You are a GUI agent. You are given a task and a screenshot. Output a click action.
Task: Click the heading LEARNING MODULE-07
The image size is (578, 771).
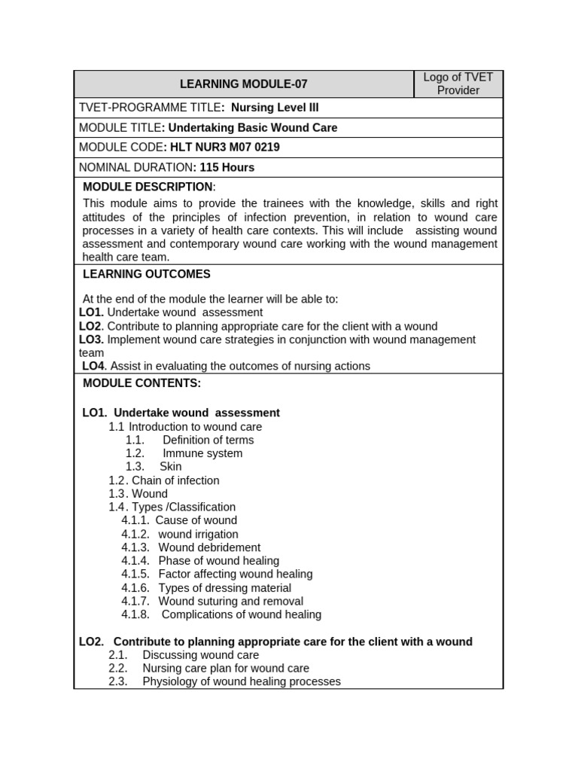click(243, 84)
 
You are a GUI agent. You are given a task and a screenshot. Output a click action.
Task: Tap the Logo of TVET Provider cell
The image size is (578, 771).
click(458, 84)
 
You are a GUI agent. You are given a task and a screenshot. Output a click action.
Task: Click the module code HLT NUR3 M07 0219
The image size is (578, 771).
click(225, 148)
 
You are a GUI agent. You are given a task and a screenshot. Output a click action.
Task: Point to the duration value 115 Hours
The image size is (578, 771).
click(227, 167)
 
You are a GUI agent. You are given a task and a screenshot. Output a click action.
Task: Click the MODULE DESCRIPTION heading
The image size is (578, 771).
click(148, 187)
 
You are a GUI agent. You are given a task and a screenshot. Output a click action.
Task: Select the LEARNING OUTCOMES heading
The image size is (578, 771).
click(147, 274)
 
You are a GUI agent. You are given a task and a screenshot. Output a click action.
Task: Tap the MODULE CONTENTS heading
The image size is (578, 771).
click(141, 383)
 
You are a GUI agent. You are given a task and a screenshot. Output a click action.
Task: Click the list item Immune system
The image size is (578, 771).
click(202, 453)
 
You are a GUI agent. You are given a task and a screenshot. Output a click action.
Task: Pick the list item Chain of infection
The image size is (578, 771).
click(175, 480)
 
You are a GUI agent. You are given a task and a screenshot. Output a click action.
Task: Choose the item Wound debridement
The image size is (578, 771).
click(209, 547)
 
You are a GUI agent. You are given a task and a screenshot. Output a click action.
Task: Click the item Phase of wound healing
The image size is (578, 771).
click(218, 561)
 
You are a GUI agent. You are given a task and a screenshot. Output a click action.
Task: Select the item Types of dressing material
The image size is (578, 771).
click(224, 588)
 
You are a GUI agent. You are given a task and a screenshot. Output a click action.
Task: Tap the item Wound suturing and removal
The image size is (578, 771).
click(230, 601)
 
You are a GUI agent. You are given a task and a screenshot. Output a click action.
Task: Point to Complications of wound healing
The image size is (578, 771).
click(241, 614)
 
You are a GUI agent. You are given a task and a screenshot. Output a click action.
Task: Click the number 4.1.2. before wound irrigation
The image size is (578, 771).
click(135, 534)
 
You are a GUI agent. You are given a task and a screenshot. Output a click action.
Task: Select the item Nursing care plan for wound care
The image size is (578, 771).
click(226, 668)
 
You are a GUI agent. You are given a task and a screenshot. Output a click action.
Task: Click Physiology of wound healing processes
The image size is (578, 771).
click(241, 681)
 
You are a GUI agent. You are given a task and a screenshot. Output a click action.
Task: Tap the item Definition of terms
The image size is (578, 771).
click(208, 440)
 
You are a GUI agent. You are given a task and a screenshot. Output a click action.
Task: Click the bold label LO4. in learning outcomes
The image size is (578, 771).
click(93, 366)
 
